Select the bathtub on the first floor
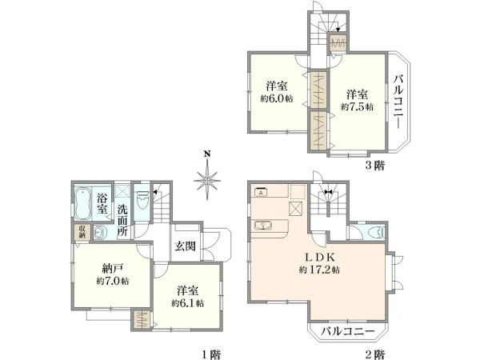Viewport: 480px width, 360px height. pyautogui.click(x=83, y=205)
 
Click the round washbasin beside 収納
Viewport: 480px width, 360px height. pyautogui.click(x=98, y=234)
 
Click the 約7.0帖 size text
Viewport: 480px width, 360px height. pyautogui.click(x=112, y=281)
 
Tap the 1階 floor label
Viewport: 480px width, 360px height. pyautogui.click(x=211, y=353)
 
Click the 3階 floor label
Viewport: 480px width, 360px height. pyautogui.click(x=376, y=166)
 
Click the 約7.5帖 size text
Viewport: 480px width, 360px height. pyautogui.click(x=357, y=106)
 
